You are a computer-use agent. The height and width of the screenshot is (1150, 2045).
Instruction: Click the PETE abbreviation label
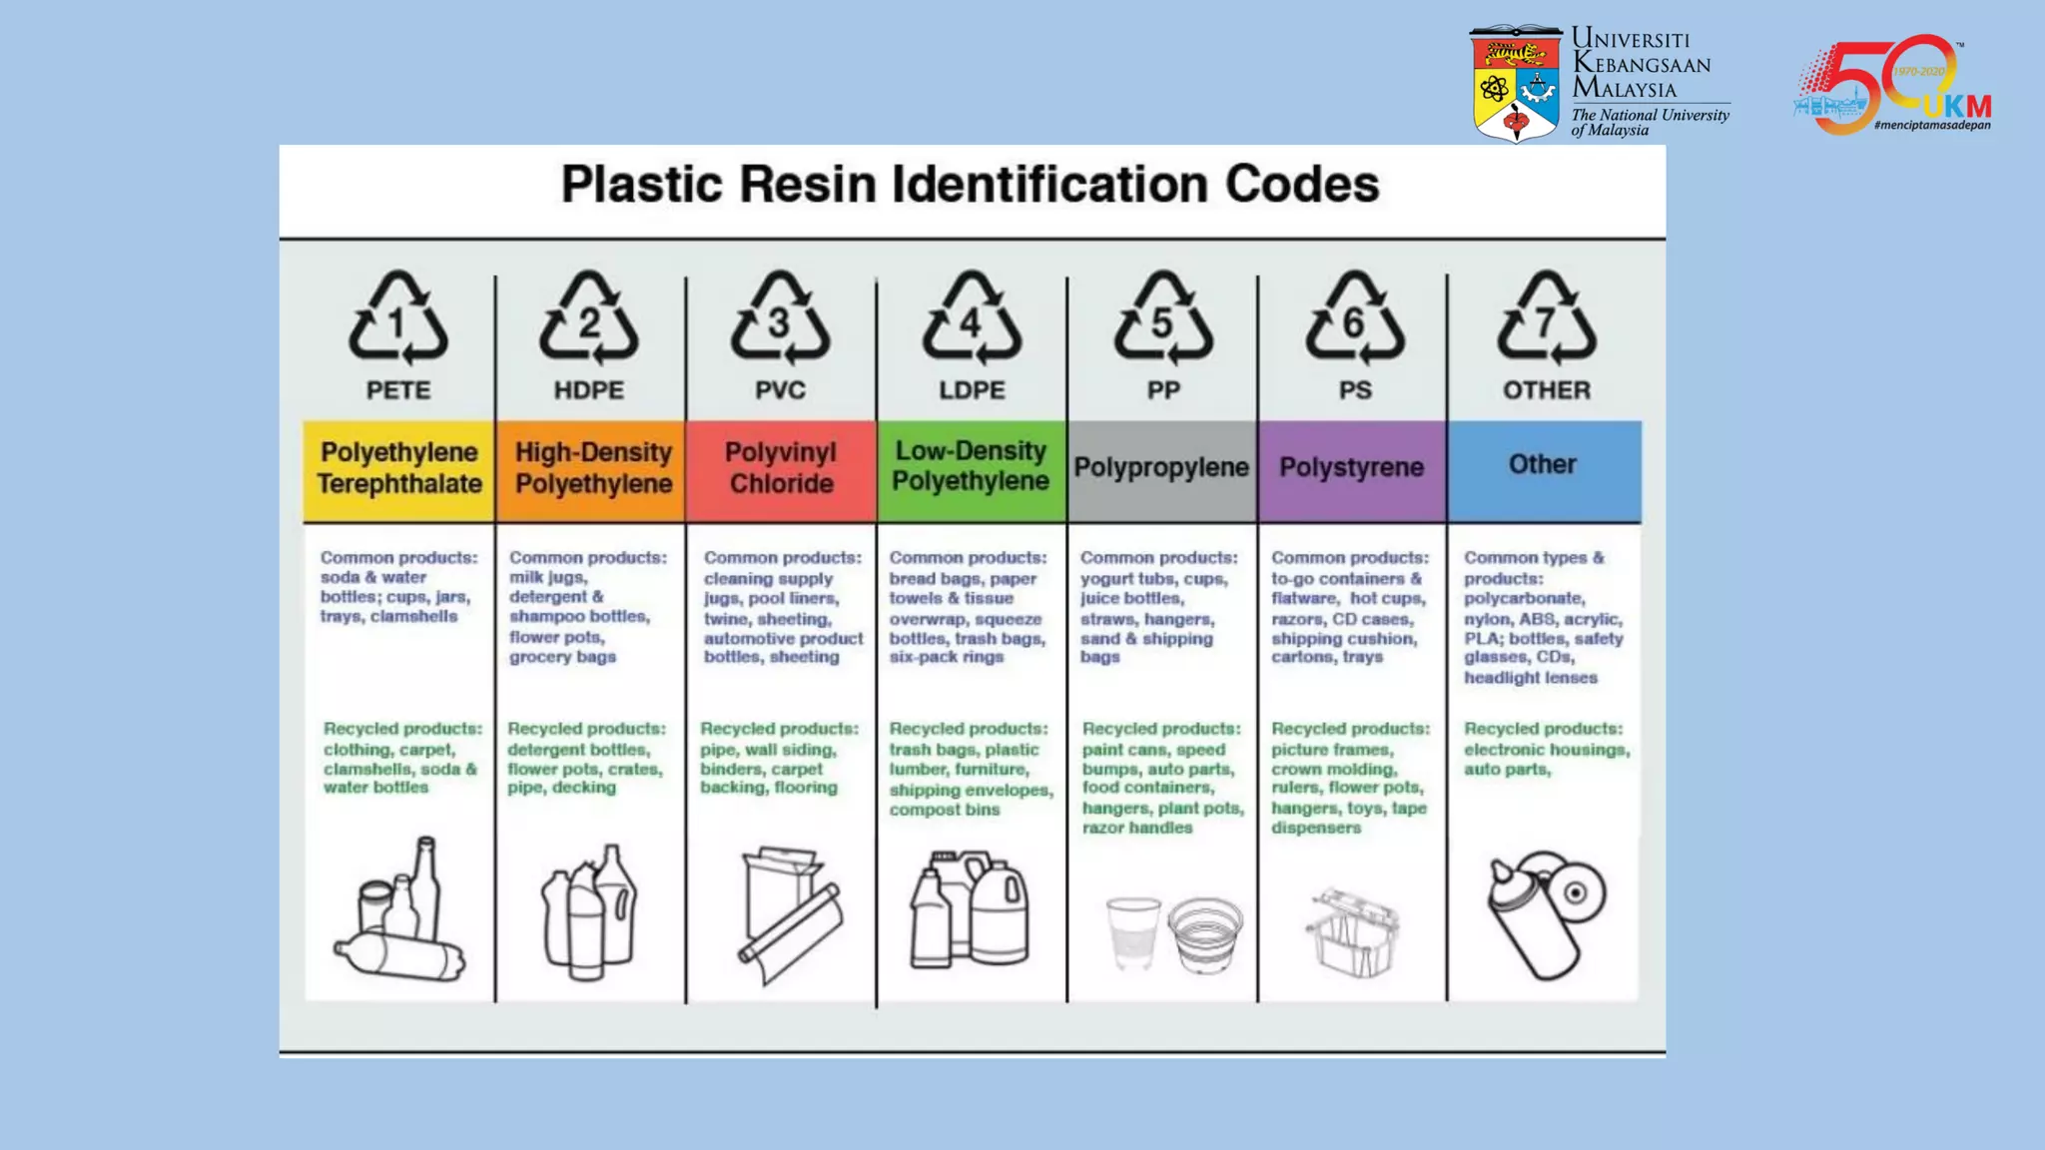click(398, 390)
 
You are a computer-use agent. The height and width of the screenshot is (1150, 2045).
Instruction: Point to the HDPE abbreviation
click(589, 390)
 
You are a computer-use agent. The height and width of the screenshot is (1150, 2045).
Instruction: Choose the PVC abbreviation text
click(780, 390)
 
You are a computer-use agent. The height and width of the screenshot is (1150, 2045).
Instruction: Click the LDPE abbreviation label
click(972, 390)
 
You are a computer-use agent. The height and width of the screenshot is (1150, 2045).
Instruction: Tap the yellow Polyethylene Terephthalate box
click(398, 470)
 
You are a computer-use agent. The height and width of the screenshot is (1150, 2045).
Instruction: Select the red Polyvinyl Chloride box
click(781, 470)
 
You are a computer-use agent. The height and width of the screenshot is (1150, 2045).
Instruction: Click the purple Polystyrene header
click(1352, 470)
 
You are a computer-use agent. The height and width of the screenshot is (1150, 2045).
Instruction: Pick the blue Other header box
click(1544, 470)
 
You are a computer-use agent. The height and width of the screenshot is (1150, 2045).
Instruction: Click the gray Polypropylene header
click(1161, 470)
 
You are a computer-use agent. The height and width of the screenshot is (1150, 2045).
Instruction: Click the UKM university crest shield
click(1515, 85)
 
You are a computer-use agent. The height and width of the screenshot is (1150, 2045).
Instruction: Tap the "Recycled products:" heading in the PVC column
click(779, 729)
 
